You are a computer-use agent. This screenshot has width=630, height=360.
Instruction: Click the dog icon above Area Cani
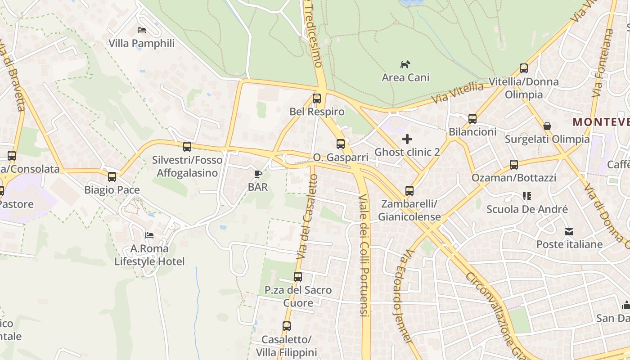pos(405,65)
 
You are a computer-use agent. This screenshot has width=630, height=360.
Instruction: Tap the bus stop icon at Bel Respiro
pos(317,99)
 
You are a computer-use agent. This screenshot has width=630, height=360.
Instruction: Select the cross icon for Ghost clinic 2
pos(407,139)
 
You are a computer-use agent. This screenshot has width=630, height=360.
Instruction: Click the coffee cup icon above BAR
pos(258,174)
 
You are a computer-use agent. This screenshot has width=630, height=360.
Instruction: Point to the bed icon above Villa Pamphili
pos(142,31)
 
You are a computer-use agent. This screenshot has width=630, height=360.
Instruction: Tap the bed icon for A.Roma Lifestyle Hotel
pos(149,235)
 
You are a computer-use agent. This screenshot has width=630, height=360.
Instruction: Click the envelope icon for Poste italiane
pos(569,232)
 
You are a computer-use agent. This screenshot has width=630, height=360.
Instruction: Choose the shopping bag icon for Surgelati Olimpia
pos(547,126)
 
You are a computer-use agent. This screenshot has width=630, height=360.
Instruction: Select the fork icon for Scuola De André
pos(527,196)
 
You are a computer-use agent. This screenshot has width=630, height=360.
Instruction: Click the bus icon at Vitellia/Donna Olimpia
pos(524,68)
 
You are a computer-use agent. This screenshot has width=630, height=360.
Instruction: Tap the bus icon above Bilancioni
pos(472,119)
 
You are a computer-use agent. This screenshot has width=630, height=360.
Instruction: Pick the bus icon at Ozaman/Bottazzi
pos(514,165)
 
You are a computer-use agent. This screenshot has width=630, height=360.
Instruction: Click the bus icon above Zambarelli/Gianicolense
pos(409,191)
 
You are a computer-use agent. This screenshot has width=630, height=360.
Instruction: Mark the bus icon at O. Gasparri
pos(341,144)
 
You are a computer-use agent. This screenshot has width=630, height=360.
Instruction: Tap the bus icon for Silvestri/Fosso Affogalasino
pos(187,147)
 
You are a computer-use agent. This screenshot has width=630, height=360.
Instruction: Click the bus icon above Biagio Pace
pos(112,177)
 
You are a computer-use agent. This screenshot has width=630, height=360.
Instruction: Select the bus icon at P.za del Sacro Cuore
pos(298,277)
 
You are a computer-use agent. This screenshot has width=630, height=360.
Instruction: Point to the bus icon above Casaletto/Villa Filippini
pos(287,326)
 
